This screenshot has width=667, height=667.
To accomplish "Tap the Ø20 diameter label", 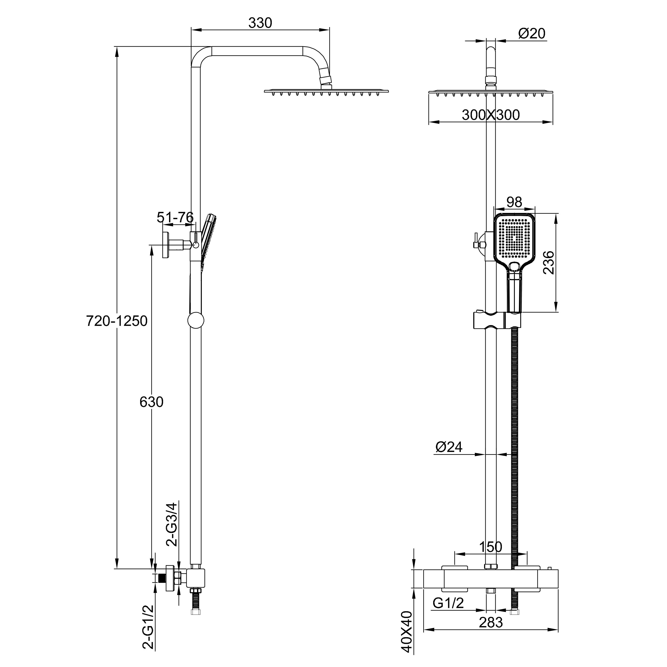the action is [532, 34].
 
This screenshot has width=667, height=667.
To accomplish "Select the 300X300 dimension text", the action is [491, 115].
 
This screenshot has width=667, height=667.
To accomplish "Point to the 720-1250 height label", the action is [117, 321].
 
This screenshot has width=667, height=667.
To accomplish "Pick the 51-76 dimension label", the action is [175, 217].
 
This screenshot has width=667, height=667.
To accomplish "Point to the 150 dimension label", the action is [491, 547].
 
